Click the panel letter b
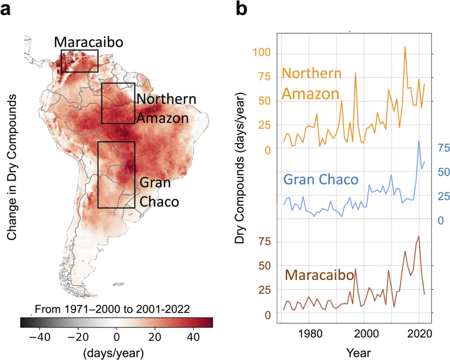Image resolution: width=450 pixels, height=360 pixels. (244, 9)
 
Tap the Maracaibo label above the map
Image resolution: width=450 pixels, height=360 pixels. (88, 42)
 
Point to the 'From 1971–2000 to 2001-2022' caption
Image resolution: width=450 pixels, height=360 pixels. (112, 309)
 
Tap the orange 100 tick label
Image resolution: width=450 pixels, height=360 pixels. (265, 53)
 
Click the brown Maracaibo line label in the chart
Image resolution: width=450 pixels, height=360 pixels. (319, 276)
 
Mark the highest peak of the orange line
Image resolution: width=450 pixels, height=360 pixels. (405, 46)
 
